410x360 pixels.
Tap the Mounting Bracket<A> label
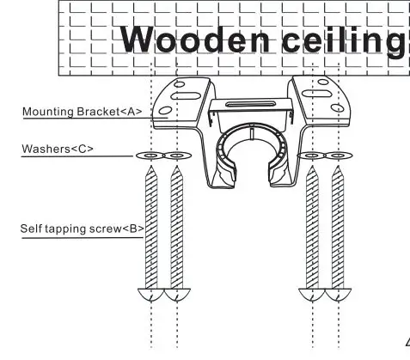point(82,112)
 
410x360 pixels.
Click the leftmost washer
point(150,156)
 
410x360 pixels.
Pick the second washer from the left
point(176,156)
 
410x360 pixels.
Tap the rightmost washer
point(338,156)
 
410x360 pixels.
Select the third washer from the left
point(311,156)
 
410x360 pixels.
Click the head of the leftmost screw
point(150,294)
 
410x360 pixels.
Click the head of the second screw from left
point(176,294)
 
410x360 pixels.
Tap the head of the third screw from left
point(311,294)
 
